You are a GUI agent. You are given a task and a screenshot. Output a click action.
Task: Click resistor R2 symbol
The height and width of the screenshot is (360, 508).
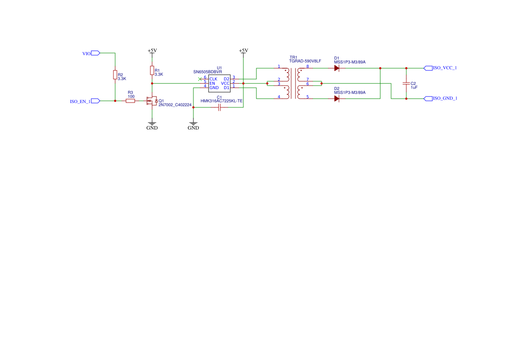pyautogui.click(x=115, y=75)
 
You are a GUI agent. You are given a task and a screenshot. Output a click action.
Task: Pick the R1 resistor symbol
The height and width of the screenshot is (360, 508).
pyautogui.click(x=152, y=70)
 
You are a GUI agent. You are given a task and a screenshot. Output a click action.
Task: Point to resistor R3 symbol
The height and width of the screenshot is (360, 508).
pyautogui.click(x=130, y=101)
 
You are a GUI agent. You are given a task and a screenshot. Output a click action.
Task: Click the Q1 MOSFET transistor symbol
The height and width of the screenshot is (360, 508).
pyautogui.click(x=152, y=101)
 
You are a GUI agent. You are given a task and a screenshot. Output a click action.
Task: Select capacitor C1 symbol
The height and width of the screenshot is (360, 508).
pyautogui.click(x=219, y=107)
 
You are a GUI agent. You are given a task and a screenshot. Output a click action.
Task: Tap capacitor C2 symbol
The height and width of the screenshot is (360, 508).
pyautogui.click(x=406, y=83)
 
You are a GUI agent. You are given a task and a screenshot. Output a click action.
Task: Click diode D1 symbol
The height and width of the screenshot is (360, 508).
pyautogui.click(x=336, y=68)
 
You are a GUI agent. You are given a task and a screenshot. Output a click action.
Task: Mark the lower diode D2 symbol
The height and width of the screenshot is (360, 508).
pyautogui.click(x=336, y=99)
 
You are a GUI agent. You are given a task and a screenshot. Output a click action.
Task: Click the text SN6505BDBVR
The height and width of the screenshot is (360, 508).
pyautogui.click(x=208, y=72)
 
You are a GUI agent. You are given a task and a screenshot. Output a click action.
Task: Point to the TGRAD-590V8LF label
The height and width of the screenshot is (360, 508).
pyautogui.click(x=305, y=61)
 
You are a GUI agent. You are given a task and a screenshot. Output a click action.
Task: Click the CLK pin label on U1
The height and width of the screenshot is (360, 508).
pyautogui.click(x=213, y=79)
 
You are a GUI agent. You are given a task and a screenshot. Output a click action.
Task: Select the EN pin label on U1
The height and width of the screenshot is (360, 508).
pyautogui.click(x=212, y=83)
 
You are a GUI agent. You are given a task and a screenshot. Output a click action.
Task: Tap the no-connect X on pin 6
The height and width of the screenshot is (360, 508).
pyautogui.click(x=199, y=79)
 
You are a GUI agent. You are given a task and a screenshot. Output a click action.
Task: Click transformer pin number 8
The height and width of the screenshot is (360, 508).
pyautogui.click(x=307, y=67)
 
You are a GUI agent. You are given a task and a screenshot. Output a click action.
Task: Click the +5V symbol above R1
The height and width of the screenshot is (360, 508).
pyautogui.click(x=152, y=51)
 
